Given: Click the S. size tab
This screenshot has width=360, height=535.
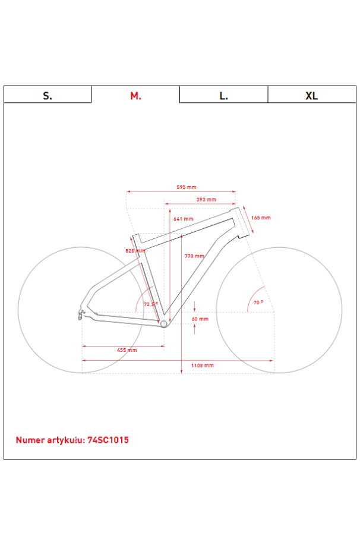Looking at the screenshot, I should [x=48, y=95].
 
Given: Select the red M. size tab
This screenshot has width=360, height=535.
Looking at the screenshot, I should [x=135, y=95].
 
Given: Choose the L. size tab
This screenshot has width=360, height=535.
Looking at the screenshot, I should [x=223, y=95].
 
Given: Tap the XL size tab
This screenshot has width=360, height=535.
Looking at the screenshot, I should [x=311, y=95].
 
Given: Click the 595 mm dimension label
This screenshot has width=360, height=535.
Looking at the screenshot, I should [x=187, y=187].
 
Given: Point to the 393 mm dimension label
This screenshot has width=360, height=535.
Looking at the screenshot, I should [x=206, y=200].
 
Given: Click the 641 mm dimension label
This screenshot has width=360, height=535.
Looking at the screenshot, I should [x=183, y=219].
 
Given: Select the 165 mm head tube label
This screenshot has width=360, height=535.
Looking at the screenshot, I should [x=261, y=218].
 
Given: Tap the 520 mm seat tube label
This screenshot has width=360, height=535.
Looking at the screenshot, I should [x=135, y=251].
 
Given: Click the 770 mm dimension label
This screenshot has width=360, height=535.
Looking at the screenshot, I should [x=194, y=256].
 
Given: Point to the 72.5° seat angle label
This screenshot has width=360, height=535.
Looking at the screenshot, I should [x=151, y=304].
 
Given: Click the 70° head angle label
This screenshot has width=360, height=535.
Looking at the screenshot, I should [x=258, y=303].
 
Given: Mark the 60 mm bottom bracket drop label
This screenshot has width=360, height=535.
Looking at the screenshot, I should [x=200, y=319].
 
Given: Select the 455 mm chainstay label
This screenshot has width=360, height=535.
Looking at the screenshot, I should [x=127, y=350].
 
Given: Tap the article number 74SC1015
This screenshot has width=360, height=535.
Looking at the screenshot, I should [x=108, y=440].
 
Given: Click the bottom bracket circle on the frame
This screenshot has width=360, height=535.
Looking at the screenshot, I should [x=164, y=323].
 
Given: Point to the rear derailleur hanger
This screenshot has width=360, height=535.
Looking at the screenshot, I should [x=79, y=313].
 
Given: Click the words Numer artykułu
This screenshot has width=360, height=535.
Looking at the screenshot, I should [x=50, y=440].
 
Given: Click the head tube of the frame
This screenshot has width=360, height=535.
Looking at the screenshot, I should [x=241, y=223].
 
